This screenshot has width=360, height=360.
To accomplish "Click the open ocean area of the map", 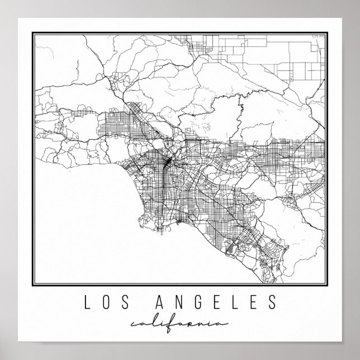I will pyautogui.click(x=78, y=224).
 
